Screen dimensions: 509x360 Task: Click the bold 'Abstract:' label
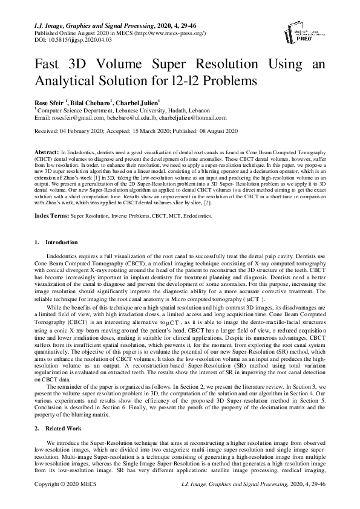pyautogui.click(x=46, y=149)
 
